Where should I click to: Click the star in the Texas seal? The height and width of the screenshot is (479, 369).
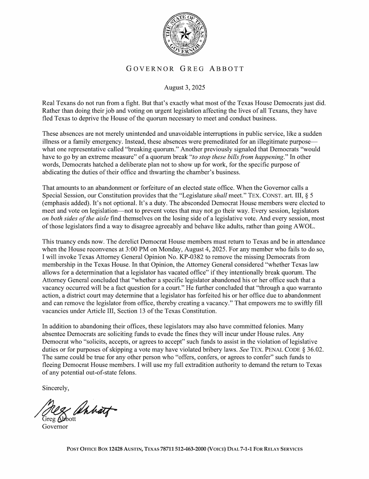[x=184, y=34]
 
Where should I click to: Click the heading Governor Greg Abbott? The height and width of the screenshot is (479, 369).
[x=184, y=69]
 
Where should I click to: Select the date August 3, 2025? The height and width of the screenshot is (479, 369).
[x=184, y=89]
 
